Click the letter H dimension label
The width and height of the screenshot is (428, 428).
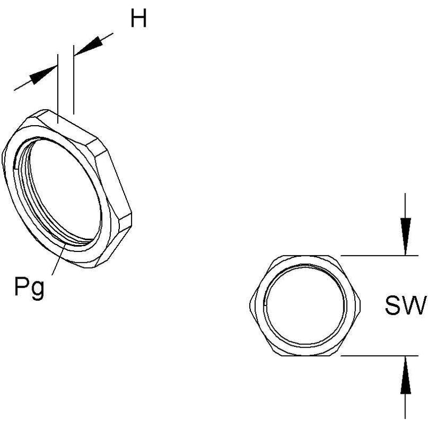(x=139, y=18)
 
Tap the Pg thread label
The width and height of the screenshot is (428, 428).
(x=29, y=288)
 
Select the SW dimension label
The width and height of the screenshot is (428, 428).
(x=406, y=304)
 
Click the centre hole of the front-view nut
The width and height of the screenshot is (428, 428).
(x=305, y=305)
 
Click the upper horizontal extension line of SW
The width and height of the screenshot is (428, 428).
(x=379, y=256)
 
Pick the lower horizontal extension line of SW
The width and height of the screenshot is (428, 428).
(x=379, y=356)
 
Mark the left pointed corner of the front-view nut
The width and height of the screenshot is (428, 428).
(x=250, y=304)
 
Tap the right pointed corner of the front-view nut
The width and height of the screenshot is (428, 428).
(x=360, y=304)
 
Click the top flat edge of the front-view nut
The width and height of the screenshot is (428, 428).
(x=305, y=256)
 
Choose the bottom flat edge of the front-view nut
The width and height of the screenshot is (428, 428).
(x=305, y=355)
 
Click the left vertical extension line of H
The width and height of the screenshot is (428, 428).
(x=58, y=88)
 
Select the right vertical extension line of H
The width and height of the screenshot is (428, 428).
(x=73, y=79)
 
